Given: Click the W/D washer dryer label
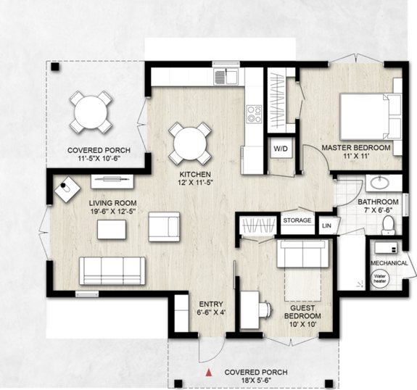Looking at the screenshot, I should click(x=280, y=149).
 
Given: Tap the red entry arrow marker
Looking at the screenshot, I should click(x=210, y=373).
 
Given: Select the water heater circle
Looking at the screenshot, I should click(x=381, y=278).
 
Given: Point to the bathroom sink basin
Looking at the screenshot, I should click(x=378, y=182).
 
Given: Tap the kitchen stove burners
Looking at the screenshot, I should click(x=254, y=113).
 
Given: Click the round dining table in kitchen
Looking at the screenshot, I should click(x=190, y=143).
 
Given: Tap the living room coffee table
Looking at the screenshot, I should click(x=111, y=230).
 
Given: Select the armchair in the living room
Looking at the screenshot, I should click(x=163, y=227).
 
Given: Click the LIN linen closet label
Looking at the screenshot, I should click(x=327, y=225).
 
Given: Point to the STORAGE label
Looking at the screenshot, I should click(x=297, y=220).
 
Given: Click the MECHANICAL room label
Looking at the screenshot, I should click(x=389, y=262).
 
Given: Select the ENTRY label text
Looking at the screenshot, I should click(x=210, y=304).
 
